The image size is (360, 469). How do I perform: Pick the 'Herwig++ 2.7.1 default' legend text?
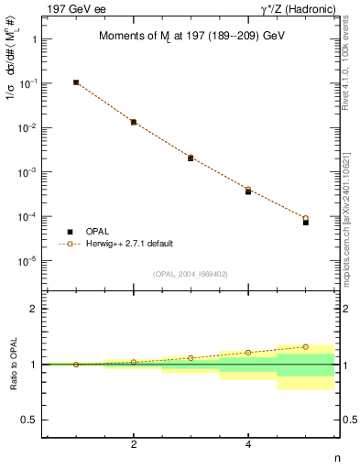point(129,244)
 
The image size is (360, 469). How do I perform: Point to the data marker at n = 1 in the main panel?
point(76,82)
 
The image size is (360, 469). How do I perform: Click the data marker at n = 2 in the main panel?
point(134,122)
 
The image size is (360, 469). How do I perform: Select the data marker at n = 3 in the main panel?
point(191,158)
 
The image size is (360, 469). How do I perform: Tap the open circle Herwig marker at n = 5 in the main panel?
point(306,218)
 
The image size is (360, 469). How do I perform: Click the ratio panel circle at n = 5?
point(306,347)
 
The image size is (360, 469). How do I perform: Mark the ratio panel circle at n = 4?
point(248,353)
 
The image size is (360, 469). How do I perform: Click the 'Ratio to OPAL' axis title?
point(12,365)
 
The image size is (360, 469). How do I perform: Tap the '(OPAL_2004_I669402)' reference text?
point(191,273)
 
